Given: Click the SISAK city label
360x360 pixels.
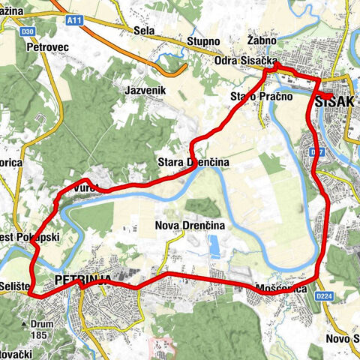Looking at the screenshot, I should click(337, 100).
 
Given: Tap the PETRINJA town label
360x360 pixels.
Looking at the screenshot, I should click(82, 280).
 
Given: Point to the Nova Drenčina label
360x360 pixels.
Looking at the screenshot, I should click(189, 225).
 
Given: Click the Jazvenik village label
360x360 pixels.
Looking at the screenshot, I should click(145, 89).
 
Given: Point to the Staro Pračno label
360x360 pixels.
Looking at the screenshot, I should click(255, 97).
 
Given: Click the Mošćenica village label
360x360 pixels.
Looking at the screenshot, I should click(278, 289).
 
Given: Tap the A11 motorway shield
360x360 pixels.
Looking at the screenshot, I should click(73, 21).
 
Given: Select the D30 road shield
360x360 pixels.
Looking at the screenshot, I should click(28, 31).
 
